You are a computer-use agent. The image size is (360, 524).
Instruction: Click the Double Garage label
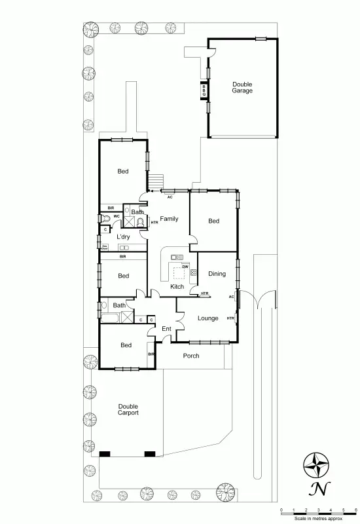pos(242,87)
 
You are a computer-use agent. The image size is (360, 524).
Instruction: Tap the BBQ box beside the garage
pos(204,91)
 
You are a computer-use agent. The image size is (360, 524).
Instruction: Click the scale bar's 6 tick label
pos(355,510)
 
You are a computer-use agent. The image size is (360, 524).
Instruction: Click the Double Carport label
pos(128,409)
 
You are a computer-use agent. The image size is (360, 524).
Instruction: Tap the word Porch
pos(191,356)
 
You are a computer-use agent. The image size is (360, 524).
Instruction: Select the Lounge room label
pos(208,318)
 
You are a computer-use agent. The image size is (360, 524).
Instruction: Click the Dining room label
pos(217,274)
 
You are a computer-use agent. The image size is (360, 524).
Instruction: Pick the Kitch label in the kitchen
pos(177,287)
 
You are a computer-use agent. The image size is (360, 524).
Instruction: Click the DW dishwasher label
pos(186,267)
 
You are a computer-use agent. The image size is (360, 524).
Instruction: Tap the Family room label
pos(169,219)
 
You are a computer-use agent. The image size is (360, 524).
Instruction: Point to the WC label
pos(116,215)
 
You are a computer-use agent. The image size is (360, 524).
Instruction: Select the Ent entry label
pos(166,328)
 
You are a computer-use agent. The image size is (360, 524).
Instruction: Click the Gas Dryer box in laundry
pos(104,247)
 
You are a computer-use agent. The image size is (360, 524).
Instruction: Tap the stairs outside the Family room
pos(156,180)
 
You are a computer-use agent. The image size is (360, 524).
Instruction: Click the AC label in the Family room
pos(170,196)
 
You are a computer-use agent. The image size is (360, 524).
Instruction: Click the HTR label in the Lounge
pos(230,318)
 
